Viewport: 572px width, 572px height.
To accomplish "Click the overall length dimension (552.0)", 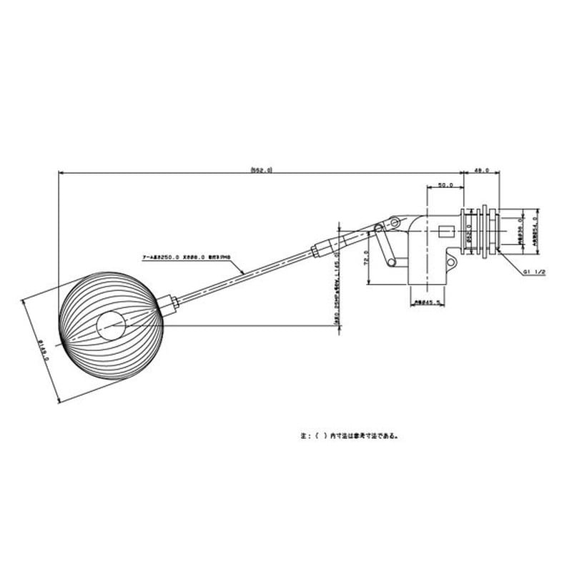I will (x=262, y=169).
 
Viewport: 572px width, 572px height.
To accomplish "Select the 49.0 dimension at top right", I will (x=481, y=169).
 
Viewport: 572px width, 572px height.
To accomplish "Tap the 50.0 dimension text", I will (x=445, y=184).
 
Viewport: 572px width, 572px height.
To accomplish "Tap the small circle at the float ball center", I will (x=111, y=327).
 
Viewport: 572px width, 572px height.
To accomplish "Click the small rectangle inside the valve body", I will (x=443, y=233).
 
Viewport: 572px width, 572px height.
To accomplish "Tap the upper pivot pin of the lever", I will (x=393, y=223).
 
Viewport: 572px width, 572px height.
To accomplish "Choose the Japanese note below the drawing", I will (x=349, y=434).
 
